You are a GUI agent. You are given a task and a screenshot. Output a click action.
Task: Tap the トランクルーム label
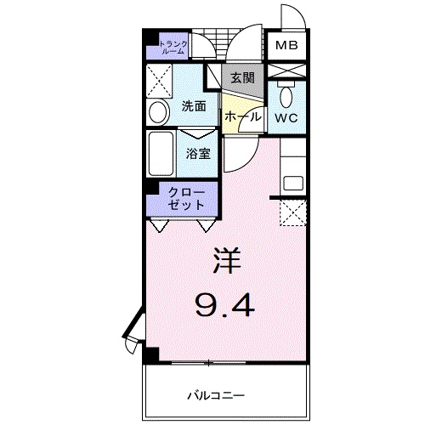tap(173, 47)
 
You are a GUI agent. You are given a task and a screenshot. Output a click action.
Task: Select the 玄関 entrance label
tap(241, 77)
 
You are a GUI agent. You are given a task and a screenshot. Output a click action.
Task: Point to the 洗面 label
tap(194, 107)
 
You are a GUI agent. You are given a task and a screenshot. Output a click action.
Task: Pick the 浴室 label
tap(200, 154)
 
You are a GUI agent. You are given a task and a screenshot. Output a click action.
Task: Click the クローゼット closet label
tap(186, 199)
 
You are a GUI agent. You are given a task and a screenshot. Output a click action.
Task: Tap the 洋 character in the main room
tap(225, 259)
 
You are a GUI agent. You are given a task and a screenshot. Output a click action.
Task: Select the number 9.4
tap(225, 303)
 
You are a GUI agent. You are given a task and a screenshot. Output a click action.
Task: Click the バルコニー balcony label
tap(216, 395)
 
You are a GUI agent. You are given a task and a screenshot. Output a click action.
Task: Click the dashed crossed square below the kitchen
tap(291, 212)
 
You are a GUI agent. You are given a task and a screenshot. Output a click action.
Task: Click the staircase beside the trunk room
tap(207, 45)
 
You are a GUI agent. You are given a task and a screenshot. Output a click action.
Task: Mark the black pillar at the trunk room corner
tap(148, 37)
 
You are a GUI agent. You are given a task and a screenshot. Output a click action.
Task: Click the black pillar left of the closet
tap(146, 194)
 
